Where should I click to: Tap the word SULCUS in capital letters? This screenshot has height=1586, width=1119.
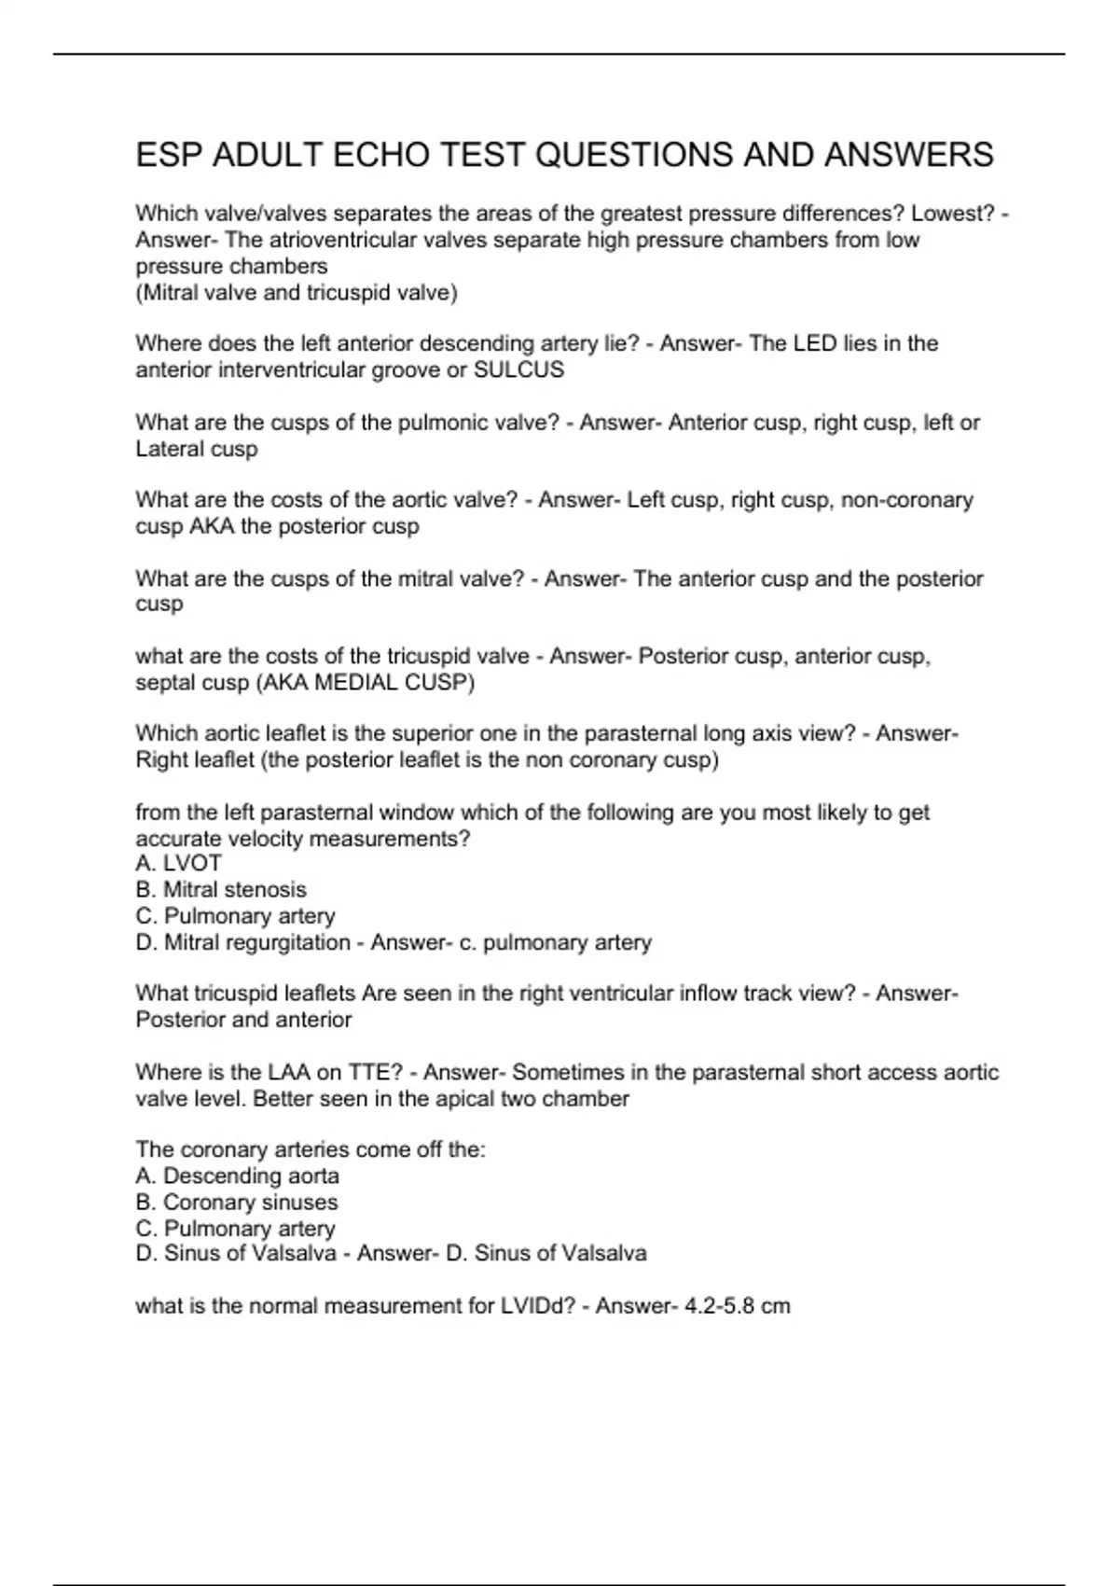518,370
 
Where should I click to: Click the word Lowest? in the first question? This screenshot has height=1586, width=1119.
953,214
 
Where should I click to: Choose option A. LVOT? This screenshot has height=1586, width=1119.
179,864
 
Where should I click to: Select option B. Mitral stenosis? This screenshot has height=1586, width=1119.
221,890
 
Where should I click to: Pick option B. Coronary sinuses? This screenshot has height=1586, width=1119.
237,1203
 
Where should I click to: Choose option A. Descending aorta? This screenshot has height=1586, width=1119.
237,1176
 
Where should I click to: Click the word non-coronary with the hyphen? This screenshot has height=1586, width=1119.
906,501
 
